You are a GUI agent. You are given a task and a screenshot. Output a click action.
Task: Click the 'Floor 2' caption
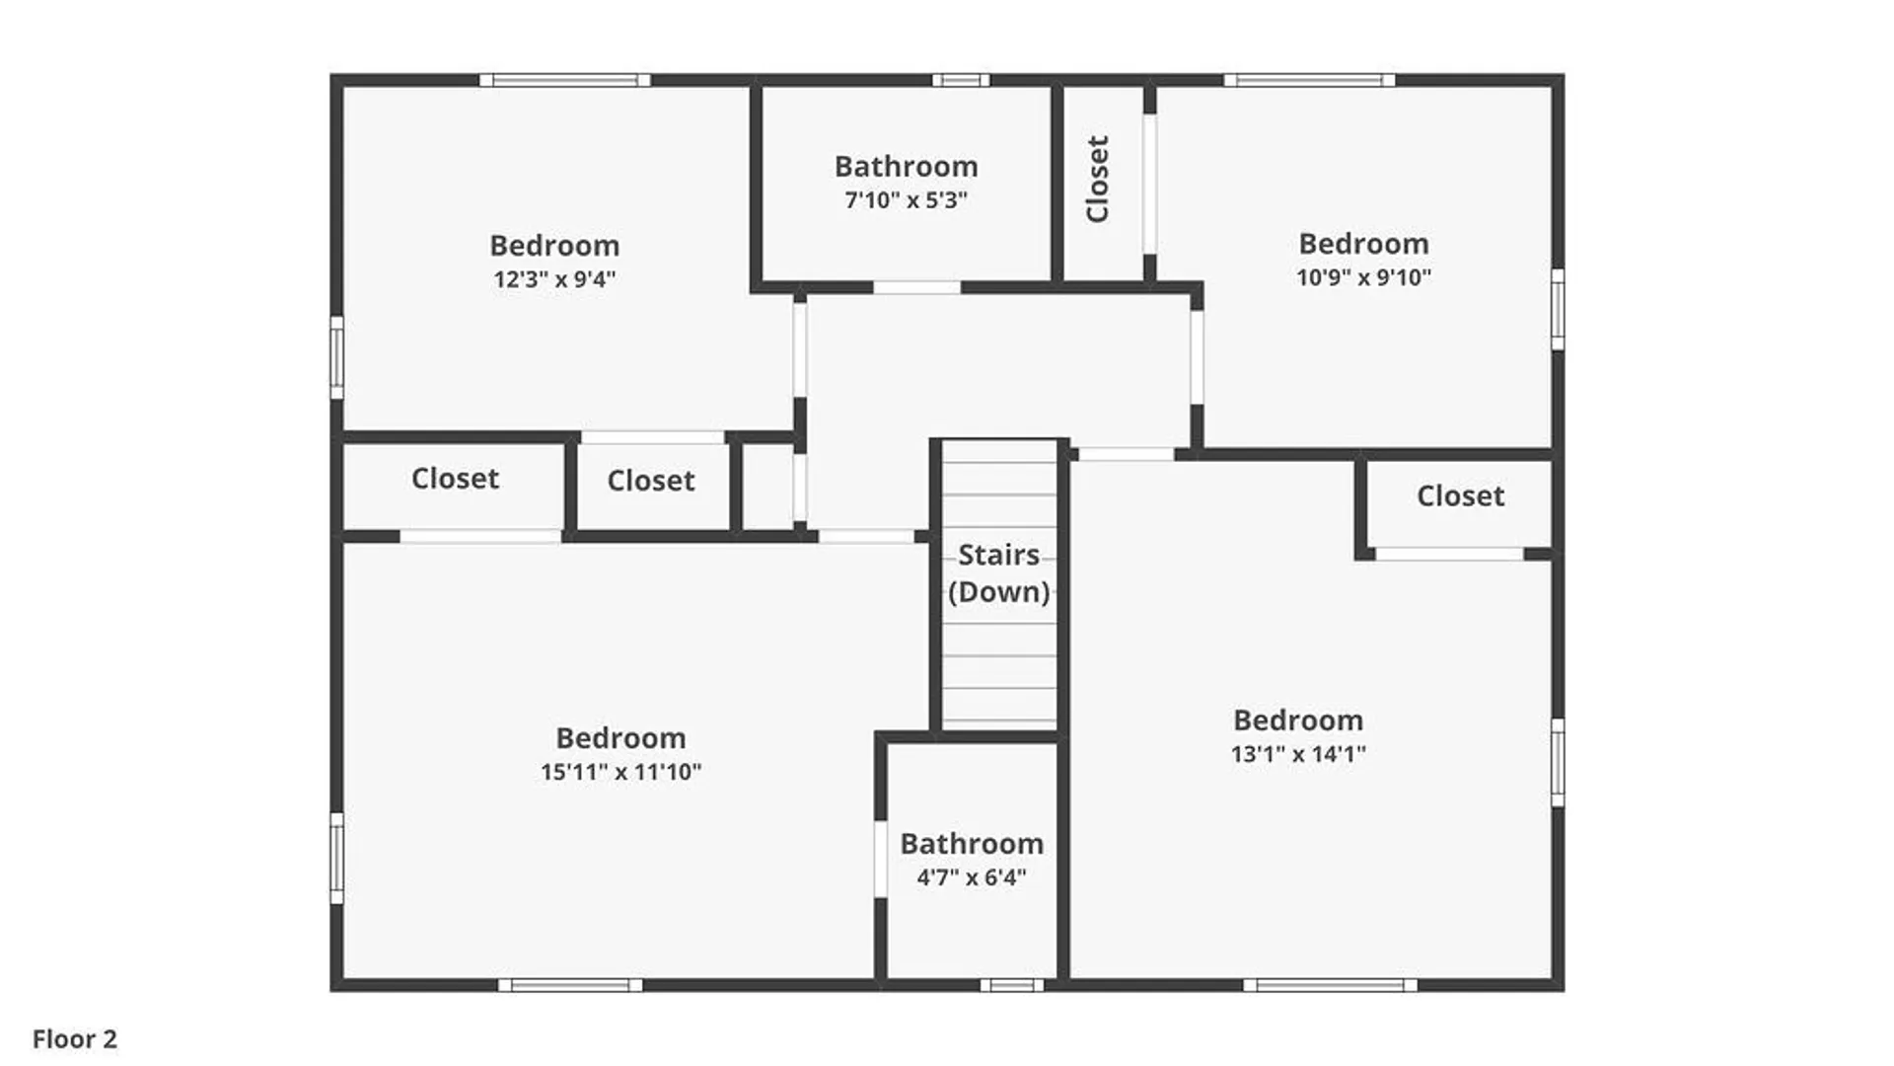[75, 1039]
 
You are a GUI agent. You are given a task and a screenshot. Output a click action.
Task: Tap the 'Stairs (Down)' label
[998, 573]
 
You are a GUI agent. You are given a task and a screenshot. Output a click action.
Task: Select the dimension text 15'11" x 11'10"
[620, 772]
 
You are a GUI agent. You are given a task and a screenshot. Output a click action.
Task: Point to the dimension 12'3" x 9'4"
[554, 279]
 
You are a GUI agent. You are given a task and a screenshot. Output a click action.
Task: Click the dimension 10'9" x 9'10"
[1363, 277]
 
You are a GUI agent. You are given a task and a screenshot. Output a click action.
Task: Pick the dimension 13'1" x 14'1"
[1298, 754]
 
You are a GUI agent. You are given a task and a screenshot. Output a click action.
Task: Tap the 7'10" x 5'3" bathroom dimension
[906, 200]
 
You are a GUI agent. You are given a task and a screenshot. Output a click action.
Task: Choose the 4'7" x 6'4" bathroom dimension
[972, 877]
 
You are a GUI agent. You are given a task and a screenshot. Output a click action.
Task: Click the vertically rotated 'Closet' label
[1098, 179]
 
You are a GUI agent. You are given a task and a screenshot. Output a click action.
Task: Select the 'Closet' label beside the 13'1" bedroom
[1460, 495]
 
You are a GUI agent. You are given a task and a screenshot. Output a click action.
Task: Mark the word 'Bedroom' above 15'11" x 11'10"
[620, 737]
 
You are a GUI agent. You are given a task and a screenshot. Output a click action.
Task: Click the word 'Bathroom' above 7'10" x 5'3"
[906, 166]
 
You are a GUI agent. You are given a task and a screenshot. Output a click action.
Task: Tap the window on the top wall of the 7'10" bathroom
[961, 80]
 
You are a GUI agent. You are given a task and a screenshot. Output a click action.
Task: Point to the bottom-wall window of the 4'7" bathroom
[1011, 985]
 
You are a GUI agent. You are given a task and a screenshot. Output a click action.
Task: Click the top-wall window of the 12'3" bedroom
[564, 80]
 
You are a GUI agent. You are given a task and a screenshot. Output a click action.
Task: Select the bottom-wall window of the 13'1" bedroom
[1330, 985]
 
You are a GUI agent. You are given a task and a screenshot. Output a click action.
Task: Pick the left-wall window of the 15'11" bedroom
[336, 858]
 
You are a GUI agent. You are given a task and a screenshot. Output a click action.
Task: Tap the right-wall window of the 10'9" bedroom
[1558, 309]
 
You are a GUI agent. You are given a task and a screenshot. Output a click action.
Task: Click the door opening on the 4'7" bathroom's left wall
[880, 859]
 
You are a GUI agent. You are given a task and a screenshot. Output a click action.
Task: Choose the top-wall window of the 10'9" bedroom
[1309, 80]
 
